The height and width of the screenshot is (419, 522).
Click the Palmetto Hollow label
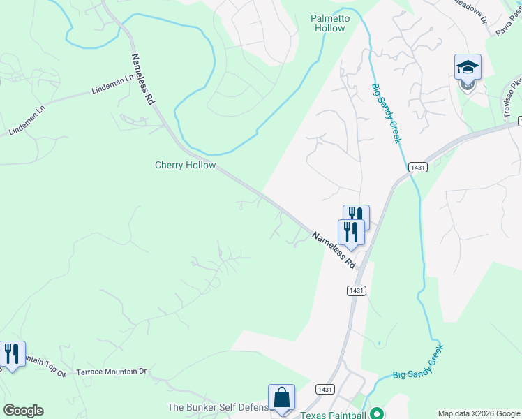[x=328, y=23]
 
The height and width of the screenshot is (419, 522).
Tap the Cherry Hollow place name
[x=185, y=166]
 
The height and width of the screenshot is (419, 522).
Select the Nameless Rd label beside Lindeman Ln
[x=142, y=80]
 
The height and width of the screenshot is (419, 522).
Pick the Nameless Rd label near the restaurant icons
[x=334, y=251]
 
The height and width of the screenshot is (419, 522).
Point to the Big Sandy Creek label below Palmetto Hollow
[x=387, y=114]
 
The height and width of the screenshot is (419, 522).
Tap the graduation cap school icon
[x=468, y=68]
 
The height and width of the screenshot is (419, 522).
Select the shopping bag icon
[x=281, y=398]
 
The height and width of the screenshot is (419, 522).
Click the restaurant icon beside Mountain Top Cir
[x=12, y=354]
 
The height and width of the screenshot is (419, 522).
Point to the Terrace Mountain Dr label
[x=112, y=372]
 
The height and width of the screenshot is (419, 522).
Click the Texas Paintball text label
[x=333, y=415]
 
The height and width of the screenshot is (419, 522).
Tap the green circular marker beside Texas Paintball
[x=378, y=413]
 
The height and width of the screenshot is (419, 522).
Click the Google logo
[x=23, y=410]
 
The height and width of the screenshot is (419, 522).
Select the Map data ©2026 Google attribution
[x=478, y=413]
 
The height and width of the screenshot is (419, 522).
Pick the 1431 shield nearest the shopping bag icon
[x=323, y=389]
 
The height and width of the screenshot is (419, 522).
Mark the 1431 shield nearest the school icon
[x=417, y=168]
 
